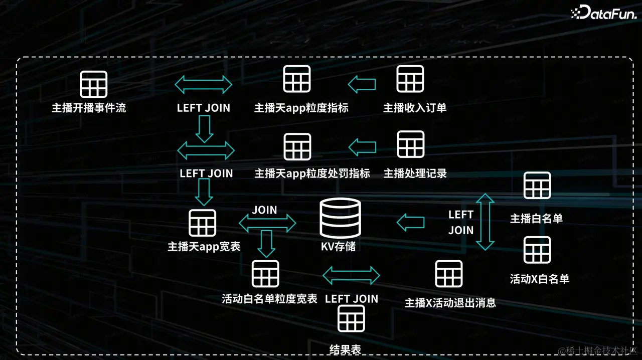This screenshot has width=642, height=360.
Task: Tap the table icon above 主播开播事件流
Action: (94, 84)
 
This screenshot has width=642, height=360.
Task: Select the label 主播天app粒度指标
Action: (301, 108)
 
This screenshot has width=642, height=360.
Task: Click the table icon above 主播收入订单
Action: (410, 79)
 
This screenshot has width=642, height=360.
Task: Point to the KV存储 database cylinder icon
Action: (341, 218)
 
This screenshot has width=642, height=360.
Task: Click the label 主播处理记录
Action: (415, 173)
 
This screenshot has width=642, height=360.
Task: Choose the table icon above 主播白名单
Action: (537, 186)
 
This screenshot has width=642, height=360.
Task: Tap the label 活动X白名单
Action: (540, 279)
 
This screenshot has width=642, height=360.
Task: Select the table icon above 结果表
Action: (351, 318)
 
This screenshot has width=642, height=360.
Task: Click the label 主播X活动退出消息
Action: (450, 303)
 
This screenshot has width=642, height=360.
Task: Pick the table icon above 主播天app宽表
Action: (203, 223)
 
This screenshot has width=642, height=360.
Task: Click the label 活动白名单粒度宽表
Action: (269, 299)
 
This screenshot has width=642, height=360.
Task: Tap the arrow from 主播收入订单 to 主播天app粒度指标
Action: (362, 84)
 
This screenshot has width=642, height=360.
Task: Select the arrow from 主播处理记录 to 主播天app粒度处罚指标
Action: (362, 147)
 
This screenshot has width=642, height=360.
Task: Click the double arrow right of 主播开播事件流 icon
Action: (203, 84)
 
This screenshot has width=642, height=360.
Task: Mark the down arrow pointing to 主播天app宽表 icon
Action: (204, 192)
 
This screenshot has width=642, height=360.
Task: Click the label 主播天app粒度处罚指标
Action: (312, 173)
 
